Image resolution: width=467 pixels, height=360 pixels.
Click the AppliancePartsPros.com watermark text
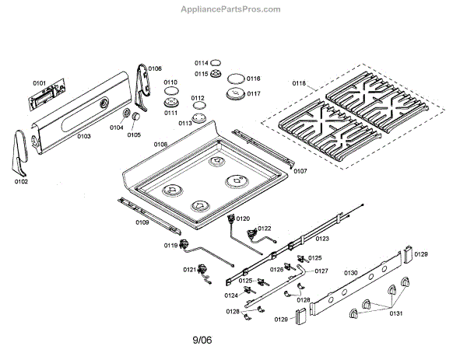coord(231,9)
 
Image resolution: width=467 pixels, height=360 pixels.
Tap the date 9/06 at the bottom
coord(202,340)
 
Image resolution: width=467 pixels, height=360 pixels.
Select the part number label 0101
coord(40,83)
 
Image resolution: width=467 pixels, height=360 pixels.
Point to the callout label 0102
coord(21,181)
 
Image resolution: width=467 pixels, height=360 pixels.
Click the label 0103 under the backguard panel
coord(84,136)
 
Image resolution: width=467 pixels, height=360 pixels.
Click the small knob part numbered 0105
coord(135,116)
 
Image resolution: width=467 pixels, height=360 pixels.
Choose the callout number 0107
coord(300,171)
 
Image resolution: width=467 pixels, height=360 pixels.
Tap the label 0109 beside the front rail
coord(142,222)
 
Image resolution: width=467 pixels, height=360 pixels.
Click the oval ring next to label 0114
coord(216,63)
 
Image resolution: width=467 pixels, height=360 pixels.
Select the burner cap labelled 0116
coord(237,79)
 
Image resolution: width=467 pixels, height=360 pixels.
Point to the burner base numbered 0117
coord(236,94)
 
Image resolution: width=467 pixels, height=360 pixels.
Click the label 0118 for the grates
coord(299,83)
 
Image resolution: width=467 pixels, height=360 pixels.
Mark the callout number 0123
coord(322,238)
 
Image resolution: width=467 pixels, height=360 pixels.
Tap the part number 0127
coord(321,271)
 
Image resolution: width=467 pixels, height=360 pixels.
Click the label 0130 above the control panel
coord(351,273)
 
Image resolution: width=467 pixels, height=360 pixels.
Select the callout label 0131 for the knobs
coord(396,313)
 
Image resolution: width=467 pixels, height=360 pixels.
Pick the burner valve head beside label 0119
coord(184,244)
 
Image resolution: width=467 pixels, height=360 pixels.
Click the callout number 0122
coord(265,228)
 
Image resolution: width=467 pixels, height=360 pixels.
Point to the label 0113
coord(185,123)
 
